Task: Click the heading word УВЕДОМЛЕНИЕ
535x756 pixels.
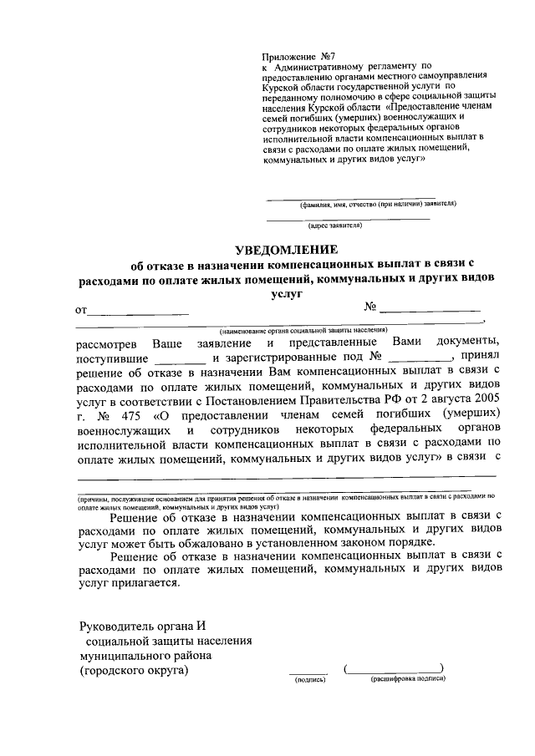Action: click(x=286, y=250)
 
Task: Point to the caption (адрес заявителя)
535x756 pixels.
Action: click(x=334, y=226)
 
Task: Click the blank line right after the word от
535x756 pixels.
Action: click(x=139, y=312)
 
